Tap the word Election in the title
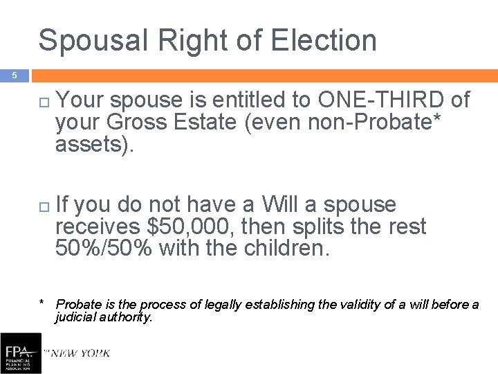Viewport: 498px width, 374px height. (x=324, y=40)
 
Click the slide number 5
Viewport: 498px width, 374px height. (x=12, y=75)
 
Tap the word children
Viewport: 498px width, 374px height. (x=287, y=248)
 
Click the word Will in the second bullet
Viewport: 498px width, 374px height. (x=279, y=205)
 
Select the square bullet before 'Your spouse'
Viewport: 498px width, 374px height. (x=44, y=102)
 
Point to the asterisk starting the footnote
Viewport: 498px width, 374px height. (x=43, y=303)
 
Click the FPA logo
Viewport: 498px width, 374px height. (x=20, y=353)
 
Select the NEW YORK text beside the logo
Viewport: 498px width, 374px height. (x=77, y=353)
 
